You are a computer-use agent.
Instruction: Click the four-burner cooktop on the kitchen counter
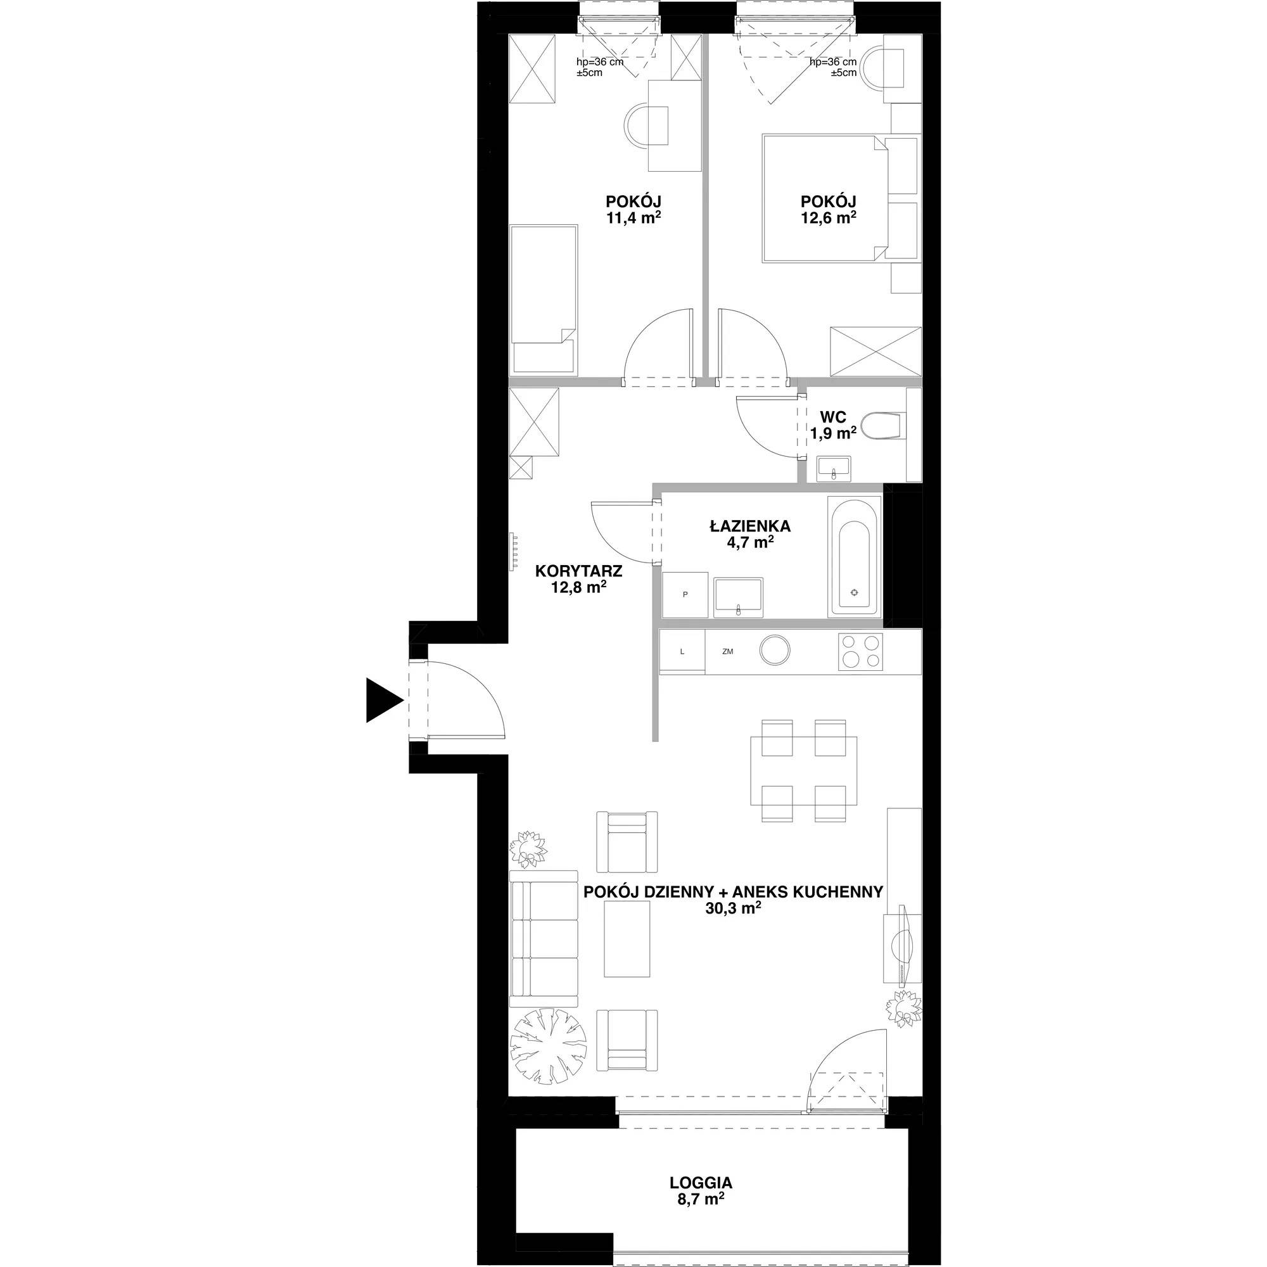tap(860, 652)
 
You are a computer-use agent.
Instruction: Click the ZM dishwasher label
tap(727, 651)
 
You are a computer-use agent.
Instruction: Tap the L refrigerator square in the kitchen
tap(682, 651)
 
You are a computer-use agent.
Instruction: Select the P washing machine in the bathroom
tap(685, 595)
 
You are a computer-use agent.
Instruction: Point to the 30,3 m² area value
tap(733, 908)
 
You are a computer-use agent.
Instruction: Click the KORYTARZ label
tap(579, 571)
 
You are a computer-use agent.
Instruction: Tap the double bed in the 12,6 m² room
tap(825, 199)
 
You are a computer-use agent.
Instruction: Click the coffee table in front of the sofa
tap(628, 938)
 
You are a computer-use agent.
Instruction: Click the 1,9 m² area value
tap(833, 433)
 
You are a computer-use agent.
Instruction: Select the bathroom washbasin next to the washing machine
tap(739, 597)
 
